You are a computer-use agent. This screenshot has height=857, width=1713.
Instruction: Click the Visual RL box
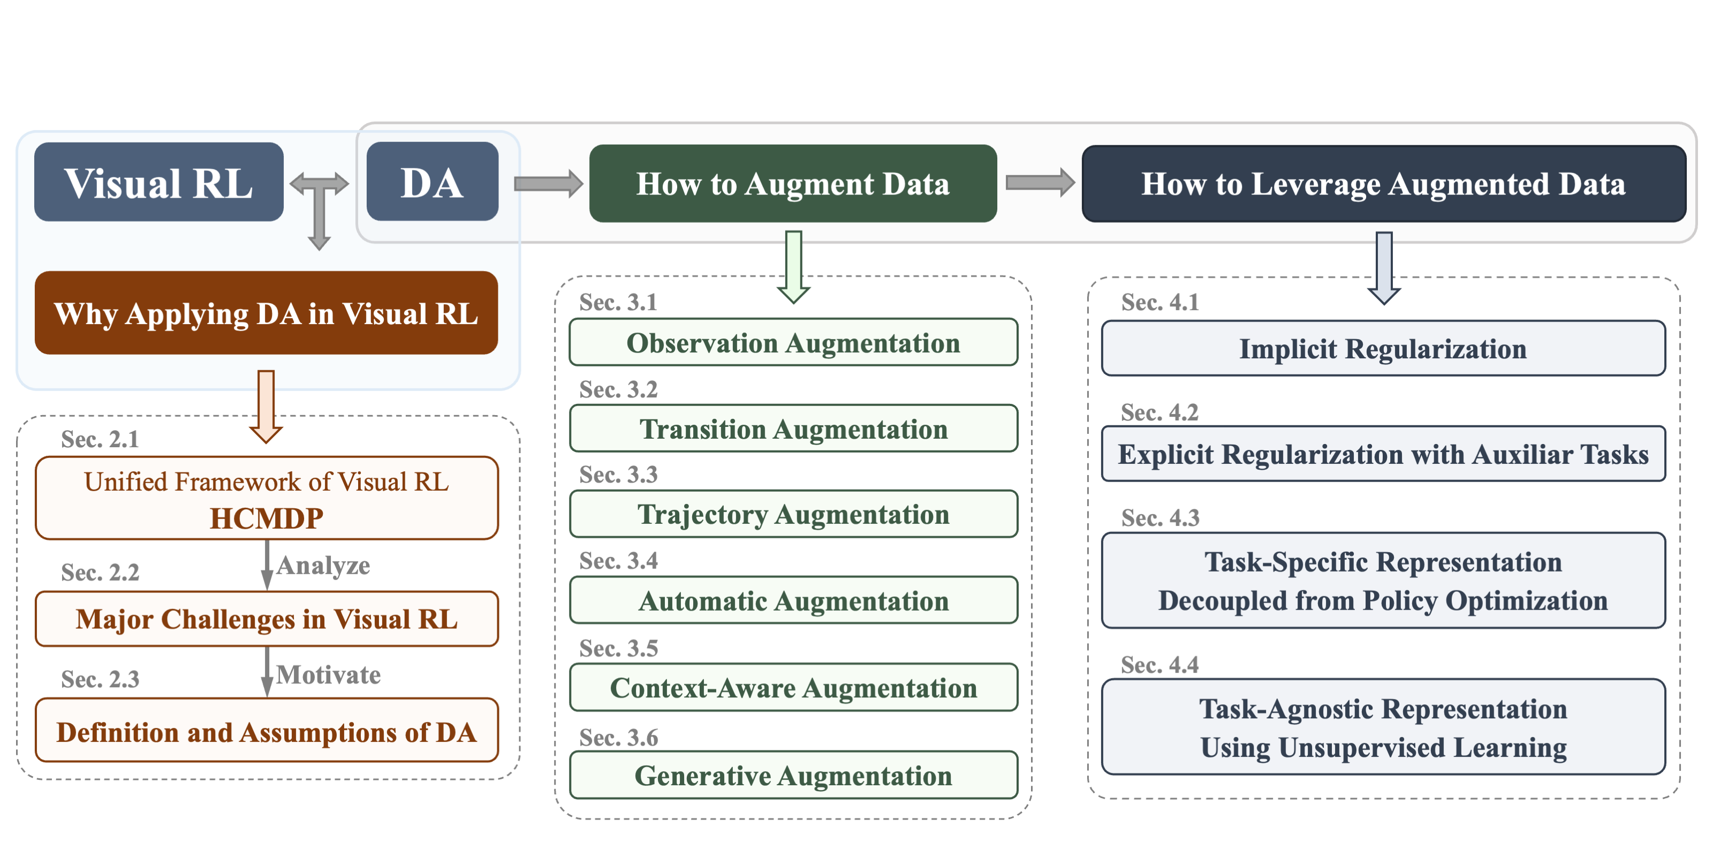coord(159,182)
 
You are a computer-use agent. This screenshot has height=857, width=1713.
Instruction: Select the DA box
coord(432,181)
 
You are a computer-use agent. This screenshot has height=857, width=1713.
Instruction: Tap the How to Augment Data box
coord(793,184)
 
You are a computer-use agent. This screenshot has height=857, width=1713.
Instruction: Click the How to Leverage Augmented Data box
coord(1384,184)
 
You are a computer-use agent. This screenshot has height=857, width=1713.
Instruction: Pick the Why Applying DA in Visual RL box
coord(266,313)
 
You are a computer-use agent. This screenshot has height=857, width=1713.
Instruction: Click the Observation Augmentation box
coord(793,343)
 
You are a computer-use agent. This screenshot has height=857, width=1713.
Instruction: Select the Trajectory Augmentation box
coord(793,514)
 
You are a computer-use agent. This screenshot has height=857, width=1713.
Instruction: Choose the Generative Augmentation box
coord(793,775)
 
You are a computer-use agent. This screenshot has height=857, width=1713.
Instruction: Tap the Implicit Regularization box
coord(1383,349)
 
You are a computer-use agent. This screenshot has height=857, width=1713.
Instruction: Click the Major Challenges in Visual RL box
coord(267,619)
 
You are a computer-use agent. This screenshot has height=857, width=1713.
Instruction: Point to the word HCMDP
coord(267,518)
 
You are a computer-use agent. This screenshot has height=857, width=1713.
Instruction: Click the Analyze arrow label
coord(323,566)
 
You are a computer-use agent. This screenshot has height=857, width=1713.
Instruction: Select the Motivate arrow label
coord(329,675)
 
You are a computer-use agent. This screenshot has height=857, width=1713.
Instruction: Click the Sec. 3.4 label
coord(618,561)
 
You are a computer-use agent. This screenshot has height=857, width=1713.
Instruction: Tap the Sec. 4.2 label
coord(1159,412)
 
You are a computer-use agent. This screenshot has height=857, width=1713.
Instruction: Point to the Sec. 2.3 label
coord(101,679)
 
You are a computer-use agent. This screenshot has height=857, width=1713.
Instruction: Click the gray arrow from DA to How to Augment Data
coord(549,183)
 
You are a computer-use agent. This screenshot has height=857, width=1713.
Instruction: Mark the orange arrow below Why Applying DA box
coord(266,407)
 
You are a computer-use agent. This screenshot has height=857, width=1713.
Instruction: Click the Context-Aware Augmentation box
coord(793,687)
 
